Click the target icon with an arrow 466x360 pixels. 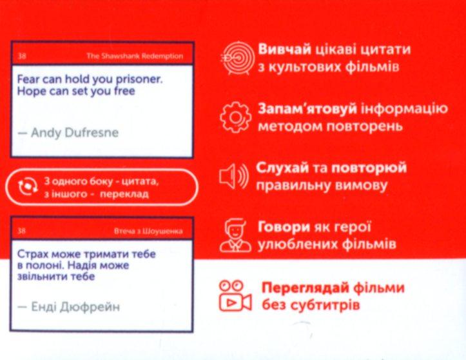pyautogui.click(x=238, y=58)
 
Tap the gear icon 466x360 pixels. pyautogui.click(x=235, y=117)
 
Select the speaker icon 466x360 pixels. pyautogui.click(x=233, y=176)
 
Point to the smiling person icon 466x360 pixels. pyautogui.click(x=235, y=235)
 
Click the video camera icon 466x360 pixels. pyautogui.click(x=235, y=295)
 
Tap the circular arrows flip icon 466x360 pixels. pyautogui.click(x=28, y=187)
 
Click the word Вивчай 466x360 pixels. pyautogui.click(x=284, y=49)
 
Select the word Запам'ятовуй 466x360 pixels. pyautogui.click(x=307, y=109)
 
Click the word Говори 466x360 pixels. pyautogui.click(x=284, y=227)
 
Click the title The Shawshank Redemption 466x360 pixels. pyautogui.click(x=135, y=56)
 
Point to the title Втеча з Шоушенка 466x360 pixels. pyautogui.click(x=148, y=231)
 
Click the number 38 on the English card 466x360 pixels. pyautogui.click(x=22, y=56)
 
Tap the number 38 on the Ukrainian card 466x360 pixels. pyautogui.click(x=22, y=231)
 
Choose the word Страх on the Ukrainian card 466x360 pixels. pyautogui.click(x=32, y=254)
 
